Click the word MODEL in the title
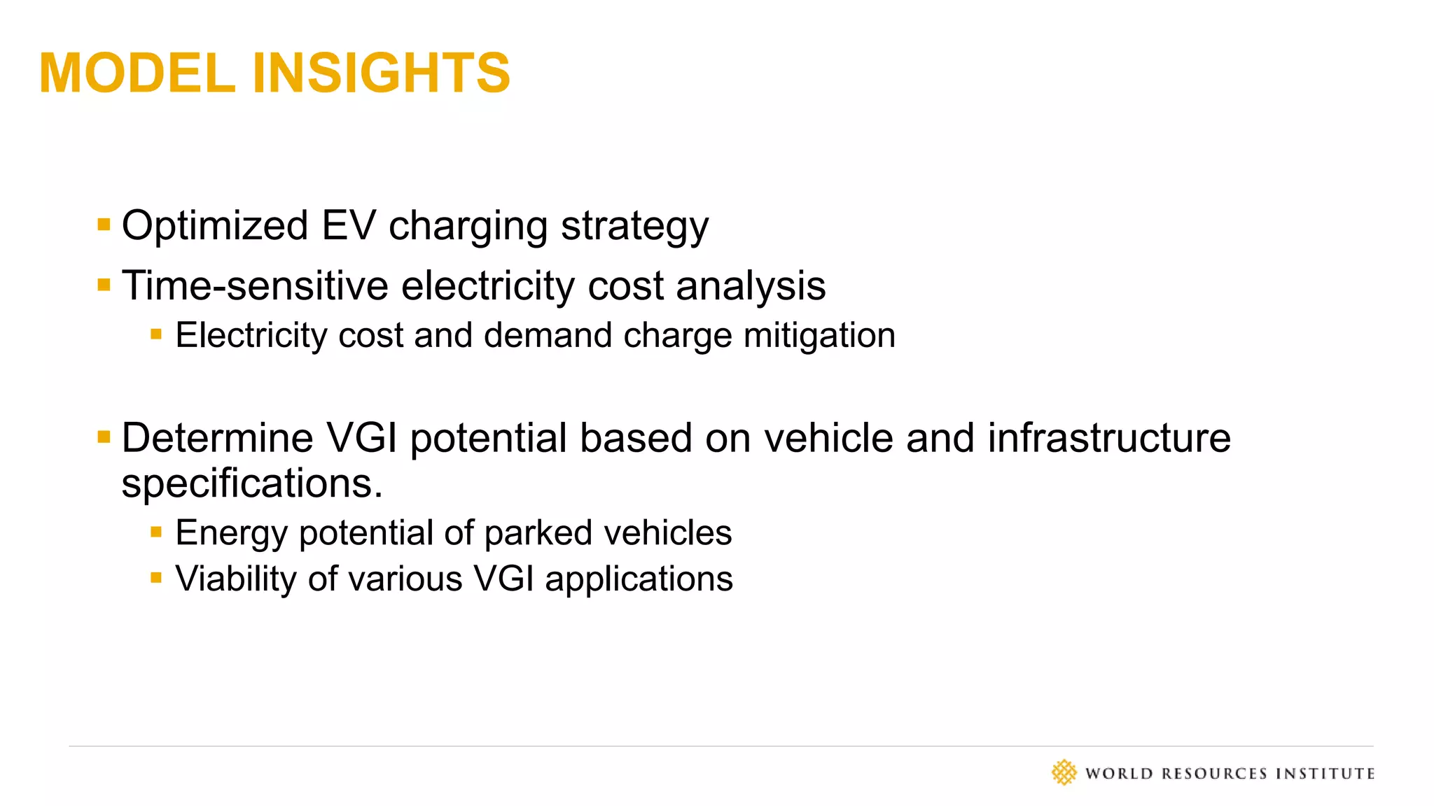tap(137, 73)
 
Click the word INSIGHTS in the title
tap(381, 73)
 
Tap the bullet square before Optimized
tap(104, 225)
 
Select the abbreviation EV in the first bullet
tap(349, 225)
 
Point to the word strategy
tap(634, 227)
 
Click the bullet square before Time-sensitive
tap(104, 285)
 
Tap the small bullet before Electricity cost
tap(156, 334)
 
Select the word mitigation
tap(819, 336)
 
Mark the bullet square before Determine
tap(104, 437)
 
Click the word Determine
tap(217, 438)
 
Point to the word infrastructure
tap(1109, 438)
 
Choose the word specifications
tap(252, 483)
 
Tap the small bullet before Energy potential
tap(156, 532)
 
